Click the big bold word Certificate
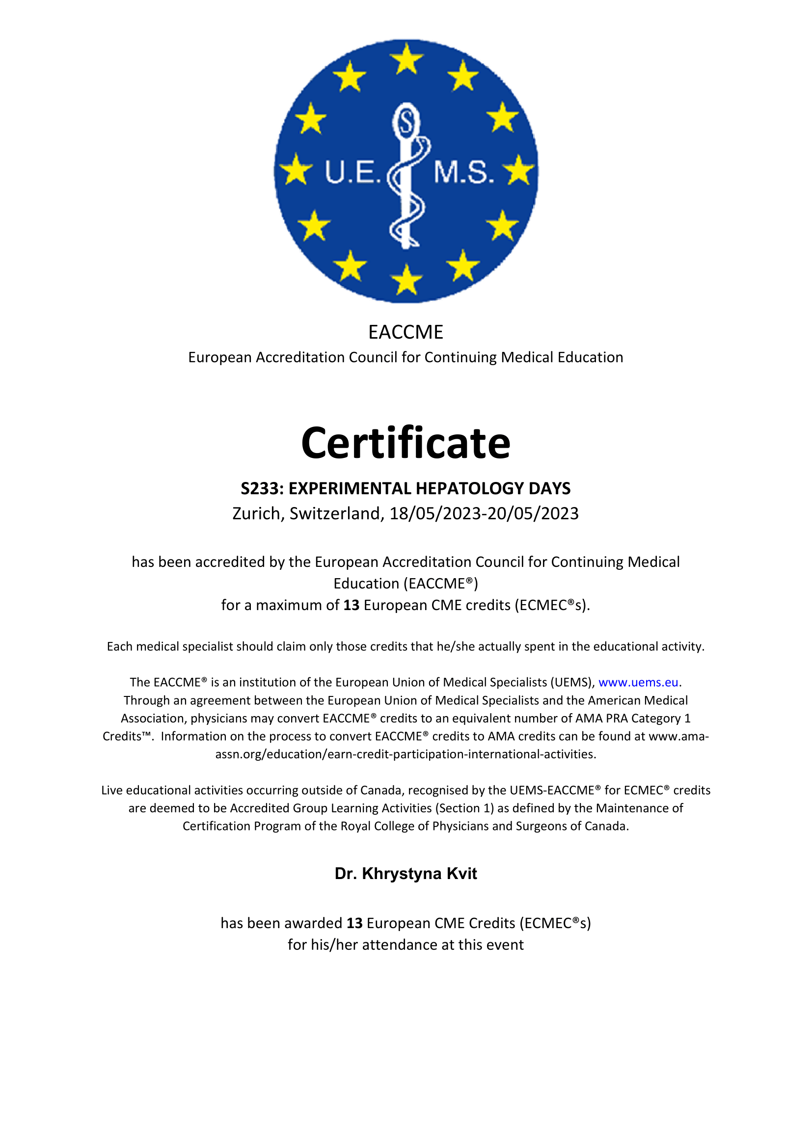click(406, 444)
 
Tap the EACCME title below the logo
click(406, 332)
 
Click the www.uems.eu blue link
click(638, 683)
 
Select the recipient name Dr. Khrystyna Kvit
click(406, 874)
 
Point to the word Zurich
click(258, 513)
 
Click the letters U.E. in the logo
click(353, 172)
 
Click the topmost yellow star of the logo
click(406, 58)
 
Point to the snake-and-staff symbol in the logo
click(407, 175)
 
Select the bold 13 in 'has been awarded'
click(354, 923)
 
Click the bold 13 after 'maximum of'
click(351, 605)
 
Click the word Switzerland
click(335, 513)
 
